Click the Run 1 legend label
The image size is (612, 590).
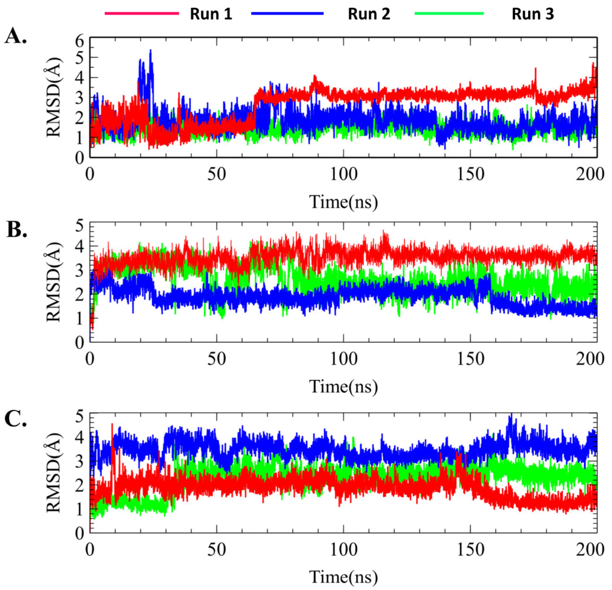coord(211,14)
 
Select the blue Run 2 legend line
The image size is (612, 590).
coord(287,13)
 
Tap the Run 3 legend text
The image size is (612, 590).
coord(533,14)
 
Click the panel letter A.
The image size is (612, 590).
coord(16,38)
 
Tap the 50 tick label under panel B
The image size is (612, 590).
coord(217,360)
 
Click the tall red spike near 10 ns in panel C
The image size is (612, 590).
coord(112,424)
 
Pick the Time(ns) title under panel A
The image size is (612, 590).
coord(343,202)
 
